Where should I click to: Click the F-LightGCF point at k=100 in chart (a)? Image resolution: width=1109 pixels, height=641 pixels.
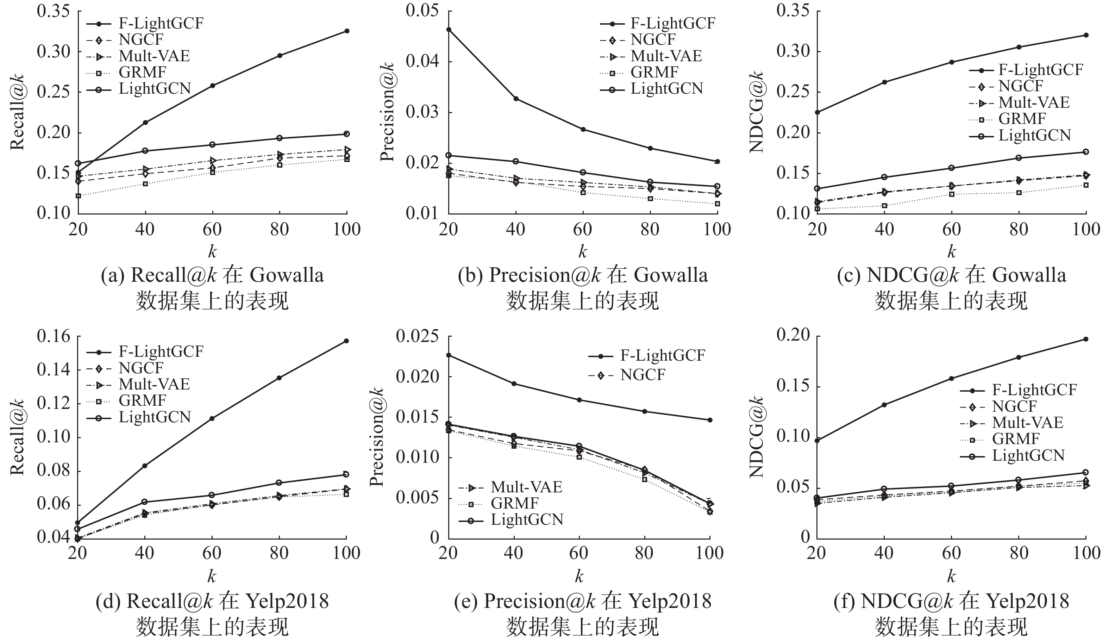(347, 31)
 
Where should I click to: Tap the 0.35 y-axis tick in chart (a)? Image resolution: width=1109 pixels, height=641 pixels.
(53, 11)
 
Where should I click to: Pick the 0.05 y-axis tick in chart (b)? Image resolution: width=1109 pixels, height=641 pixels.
(423, 11)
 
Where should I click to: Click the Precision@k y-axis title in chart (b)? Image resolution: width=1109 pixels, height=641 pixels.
(387, 112)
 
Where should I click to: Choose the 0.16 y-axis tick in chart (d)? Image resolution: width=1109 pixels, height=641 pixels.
(53, 337)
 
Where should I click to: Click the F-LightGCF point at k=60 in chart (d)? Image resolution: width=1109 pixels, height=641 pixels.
(212, 418)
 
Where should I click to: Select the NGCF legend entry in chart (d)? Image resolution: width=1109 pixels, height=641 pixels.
(141, 368)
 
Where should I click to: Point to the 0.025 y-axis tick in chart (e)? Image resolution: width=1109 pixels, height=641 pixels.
(418, 337)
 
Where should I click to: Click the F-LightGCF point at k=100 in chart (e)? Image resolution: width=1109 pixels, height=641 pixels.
(710, 420)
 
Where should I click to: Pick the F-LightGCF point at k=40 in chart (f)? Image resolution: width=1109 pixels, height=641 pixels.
(884, 405)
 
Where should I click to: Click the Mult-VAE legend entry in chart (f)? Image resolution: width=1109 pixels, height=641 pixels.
(1028, 422)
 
